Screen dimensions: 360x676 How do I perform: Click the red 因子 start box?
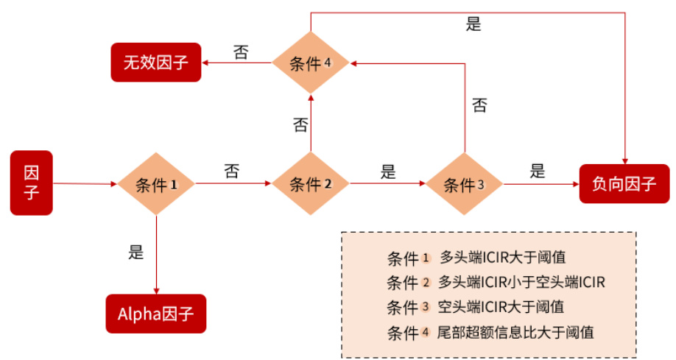coord(32,183)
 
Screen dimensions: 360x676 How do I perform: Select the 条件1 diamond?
coord(157,184)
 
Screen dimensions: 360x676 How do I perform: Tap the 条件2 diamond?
coord(311,184)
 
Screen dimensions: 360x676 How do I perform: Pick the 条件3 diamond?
coord(464,184)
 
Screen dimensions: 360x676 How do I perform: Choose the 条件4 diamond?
coord(311,63)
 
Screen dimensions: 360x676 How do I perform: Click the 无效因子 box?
coord(155,62)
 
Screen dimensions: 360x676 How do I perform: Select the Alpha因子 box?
coord(155,314)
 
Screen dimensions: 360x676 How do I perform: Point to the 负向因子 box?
coord(624,184)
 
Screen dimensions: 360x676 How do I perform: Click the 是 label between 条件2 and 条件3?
coord(388,172)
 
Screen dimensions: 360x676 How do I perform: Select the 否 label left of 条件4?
coord(241,52)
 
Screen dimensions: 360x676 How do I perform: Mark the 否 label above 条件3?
coord(479,105)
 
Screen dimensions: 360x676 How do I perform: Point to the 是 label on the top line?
coord(473,24)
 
